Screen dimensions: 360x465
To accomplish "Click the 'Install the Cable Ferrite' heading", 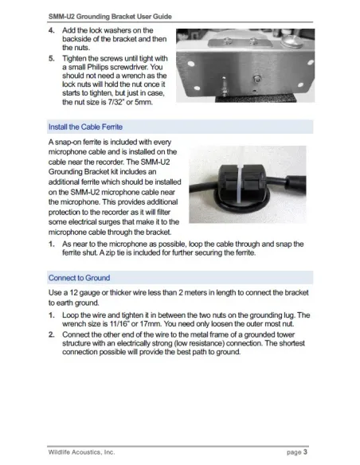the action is pos(85,127).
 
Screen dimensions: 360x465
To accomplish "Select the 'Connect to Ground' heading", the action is pos(79,278).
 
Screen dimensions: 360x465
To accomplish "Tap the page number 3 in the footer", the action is pos(305,452).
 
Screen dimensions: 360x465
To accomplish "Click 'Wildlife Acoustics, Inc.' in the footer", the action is pos(81,452).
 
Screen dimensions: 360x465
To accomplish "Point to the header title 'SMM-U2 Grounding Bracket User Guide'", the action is pos(110,17).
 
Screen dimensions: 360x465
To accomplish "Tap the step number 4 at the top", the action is pos(51,30).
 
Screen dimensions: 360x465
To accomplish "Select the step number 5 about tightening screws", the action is pos(51,58).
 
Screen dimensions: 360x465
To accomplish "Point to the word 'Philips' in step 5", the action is pos(97,67).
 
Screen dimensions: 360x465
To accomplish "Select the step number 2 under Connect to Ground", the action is pos(51,334).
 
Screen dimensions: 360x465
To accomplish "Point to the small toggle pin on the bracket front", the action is pos(225,86).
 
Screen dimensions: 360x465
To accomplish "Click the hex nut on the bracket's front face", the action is pos(256,79).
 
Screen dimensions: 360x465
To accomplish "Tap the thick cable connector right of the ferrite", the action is pos(295,184).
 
